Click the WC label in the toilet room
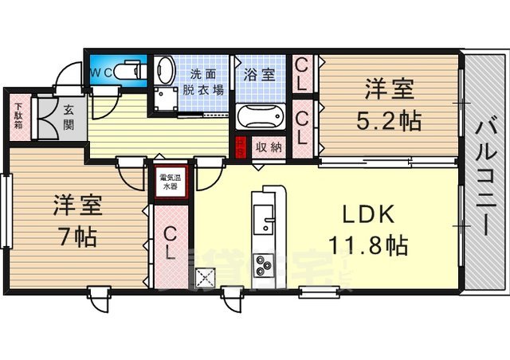(100, 71)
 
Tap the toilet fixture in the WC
(130, 71)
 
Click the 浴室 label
(261, 74)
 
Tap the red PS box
(240, 147)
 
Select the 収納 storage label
(269, 147)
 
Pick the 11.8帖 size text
(369, 243)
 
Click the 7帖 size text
(76, 237)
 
